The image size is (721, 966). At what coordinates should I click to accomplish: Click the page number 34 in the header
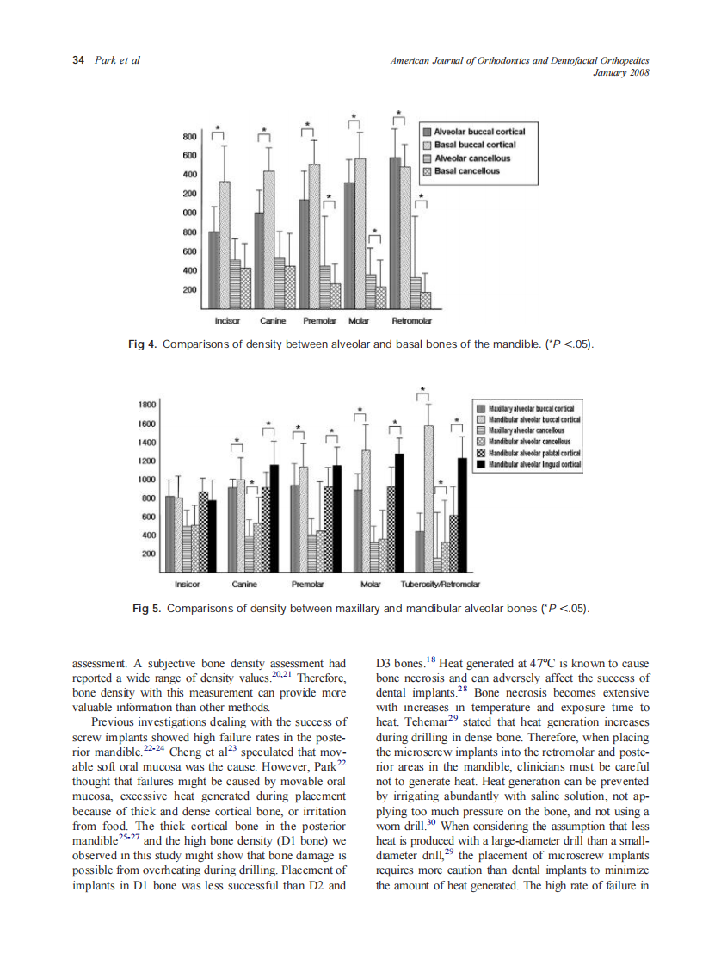pos(77,60)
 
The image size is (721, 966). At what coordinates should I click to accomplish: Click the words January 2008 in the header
pos(621,72)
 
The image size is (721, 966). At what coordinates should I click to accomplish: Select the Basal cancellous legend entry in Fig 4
pos(465,171)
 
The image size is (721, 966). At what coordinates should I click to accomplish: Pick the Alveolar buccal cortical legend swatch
pos(427,132)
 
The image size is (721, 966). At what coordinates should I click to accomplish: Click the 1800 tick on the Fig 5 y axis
pos(148,403)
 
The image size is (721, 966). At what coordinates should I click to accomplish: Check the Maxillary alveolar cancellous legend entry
pos(525,429)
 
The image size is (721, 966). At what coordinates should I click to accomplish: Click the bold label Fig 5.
pos(146,608)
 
